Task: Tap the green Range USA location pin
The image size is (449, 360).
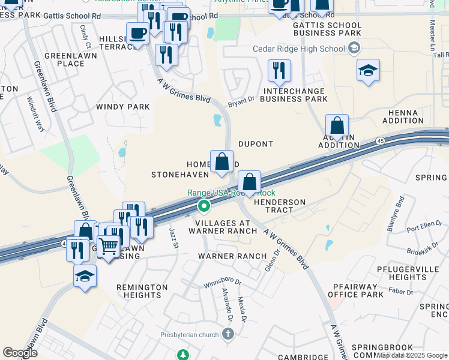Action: pos(204,207)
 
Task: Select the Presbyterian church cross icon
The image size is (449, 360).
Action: pos(228,334)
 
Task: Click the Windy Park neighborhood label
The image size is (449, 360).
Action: pos(122,107)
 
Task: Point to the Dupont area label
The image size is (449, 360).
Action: pos(256,145)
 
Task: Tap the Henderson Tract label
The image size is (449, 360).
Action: pos(279,206)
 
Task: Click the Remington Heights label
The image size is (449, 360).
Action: pos(142,292)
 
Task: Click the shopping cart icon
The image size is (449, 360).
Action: pos(108,246)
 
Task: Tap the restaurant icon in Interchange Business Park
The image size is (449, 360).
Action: pos(279,71)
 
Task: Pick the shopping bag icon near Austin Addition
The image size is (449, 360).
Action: pos(337,126)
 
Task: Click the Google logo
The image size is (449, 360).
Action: pos(20,353)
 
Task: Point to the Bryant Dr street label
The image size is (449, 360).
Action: pos(241,103)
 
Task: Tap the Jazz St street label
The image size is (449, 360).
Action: pos(174,238)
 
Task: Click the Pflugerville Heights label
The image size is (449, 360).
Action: pos(415,273)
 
